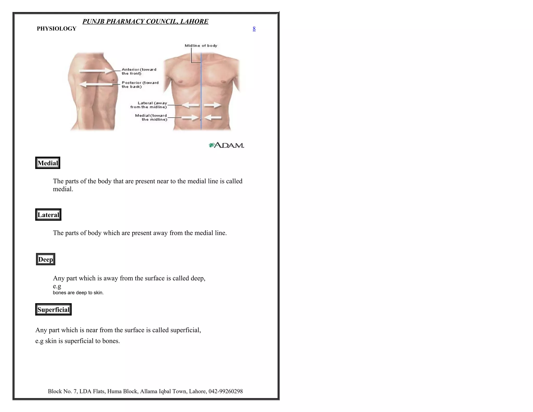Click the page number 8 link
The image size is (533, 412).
[x=254, y=29]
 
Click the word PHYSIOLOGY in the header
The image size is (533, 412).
[x=56, y=29]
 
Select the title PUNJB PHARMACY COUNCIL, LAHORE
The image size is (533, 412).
[x=145, y=21]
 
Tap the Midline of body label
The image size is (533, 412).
[x=201, y=46]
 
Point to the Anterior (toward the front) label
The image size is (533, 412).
[x=139, y=71]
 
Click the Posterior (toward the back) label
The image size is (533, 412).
[x=140, y=85]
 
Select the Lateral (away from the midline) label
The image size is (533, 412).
[x=149, y=105]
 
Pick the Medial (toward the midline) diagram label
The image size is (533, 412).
[x=151, y=117]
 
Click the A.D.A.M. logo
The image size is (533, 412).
[x=226, y=145]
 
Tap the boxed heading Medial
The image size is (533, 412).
[x=48, y=163]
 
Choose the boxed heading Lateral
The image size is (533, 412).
[x=48, y=215]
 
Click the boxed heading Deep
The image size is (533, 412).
[x=46, y=259]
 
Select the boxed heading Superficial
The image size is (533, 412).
[x=53, y=310]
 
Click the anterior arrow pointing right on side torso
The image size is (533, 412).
[x=95, y=71]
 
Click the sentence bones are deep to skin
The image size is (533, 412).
[x=78, y=293]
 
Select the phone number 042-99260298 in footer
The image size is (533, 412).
[x=226, y=391]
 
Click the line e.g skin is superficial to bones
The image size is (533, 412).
[x=78, y=341]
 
